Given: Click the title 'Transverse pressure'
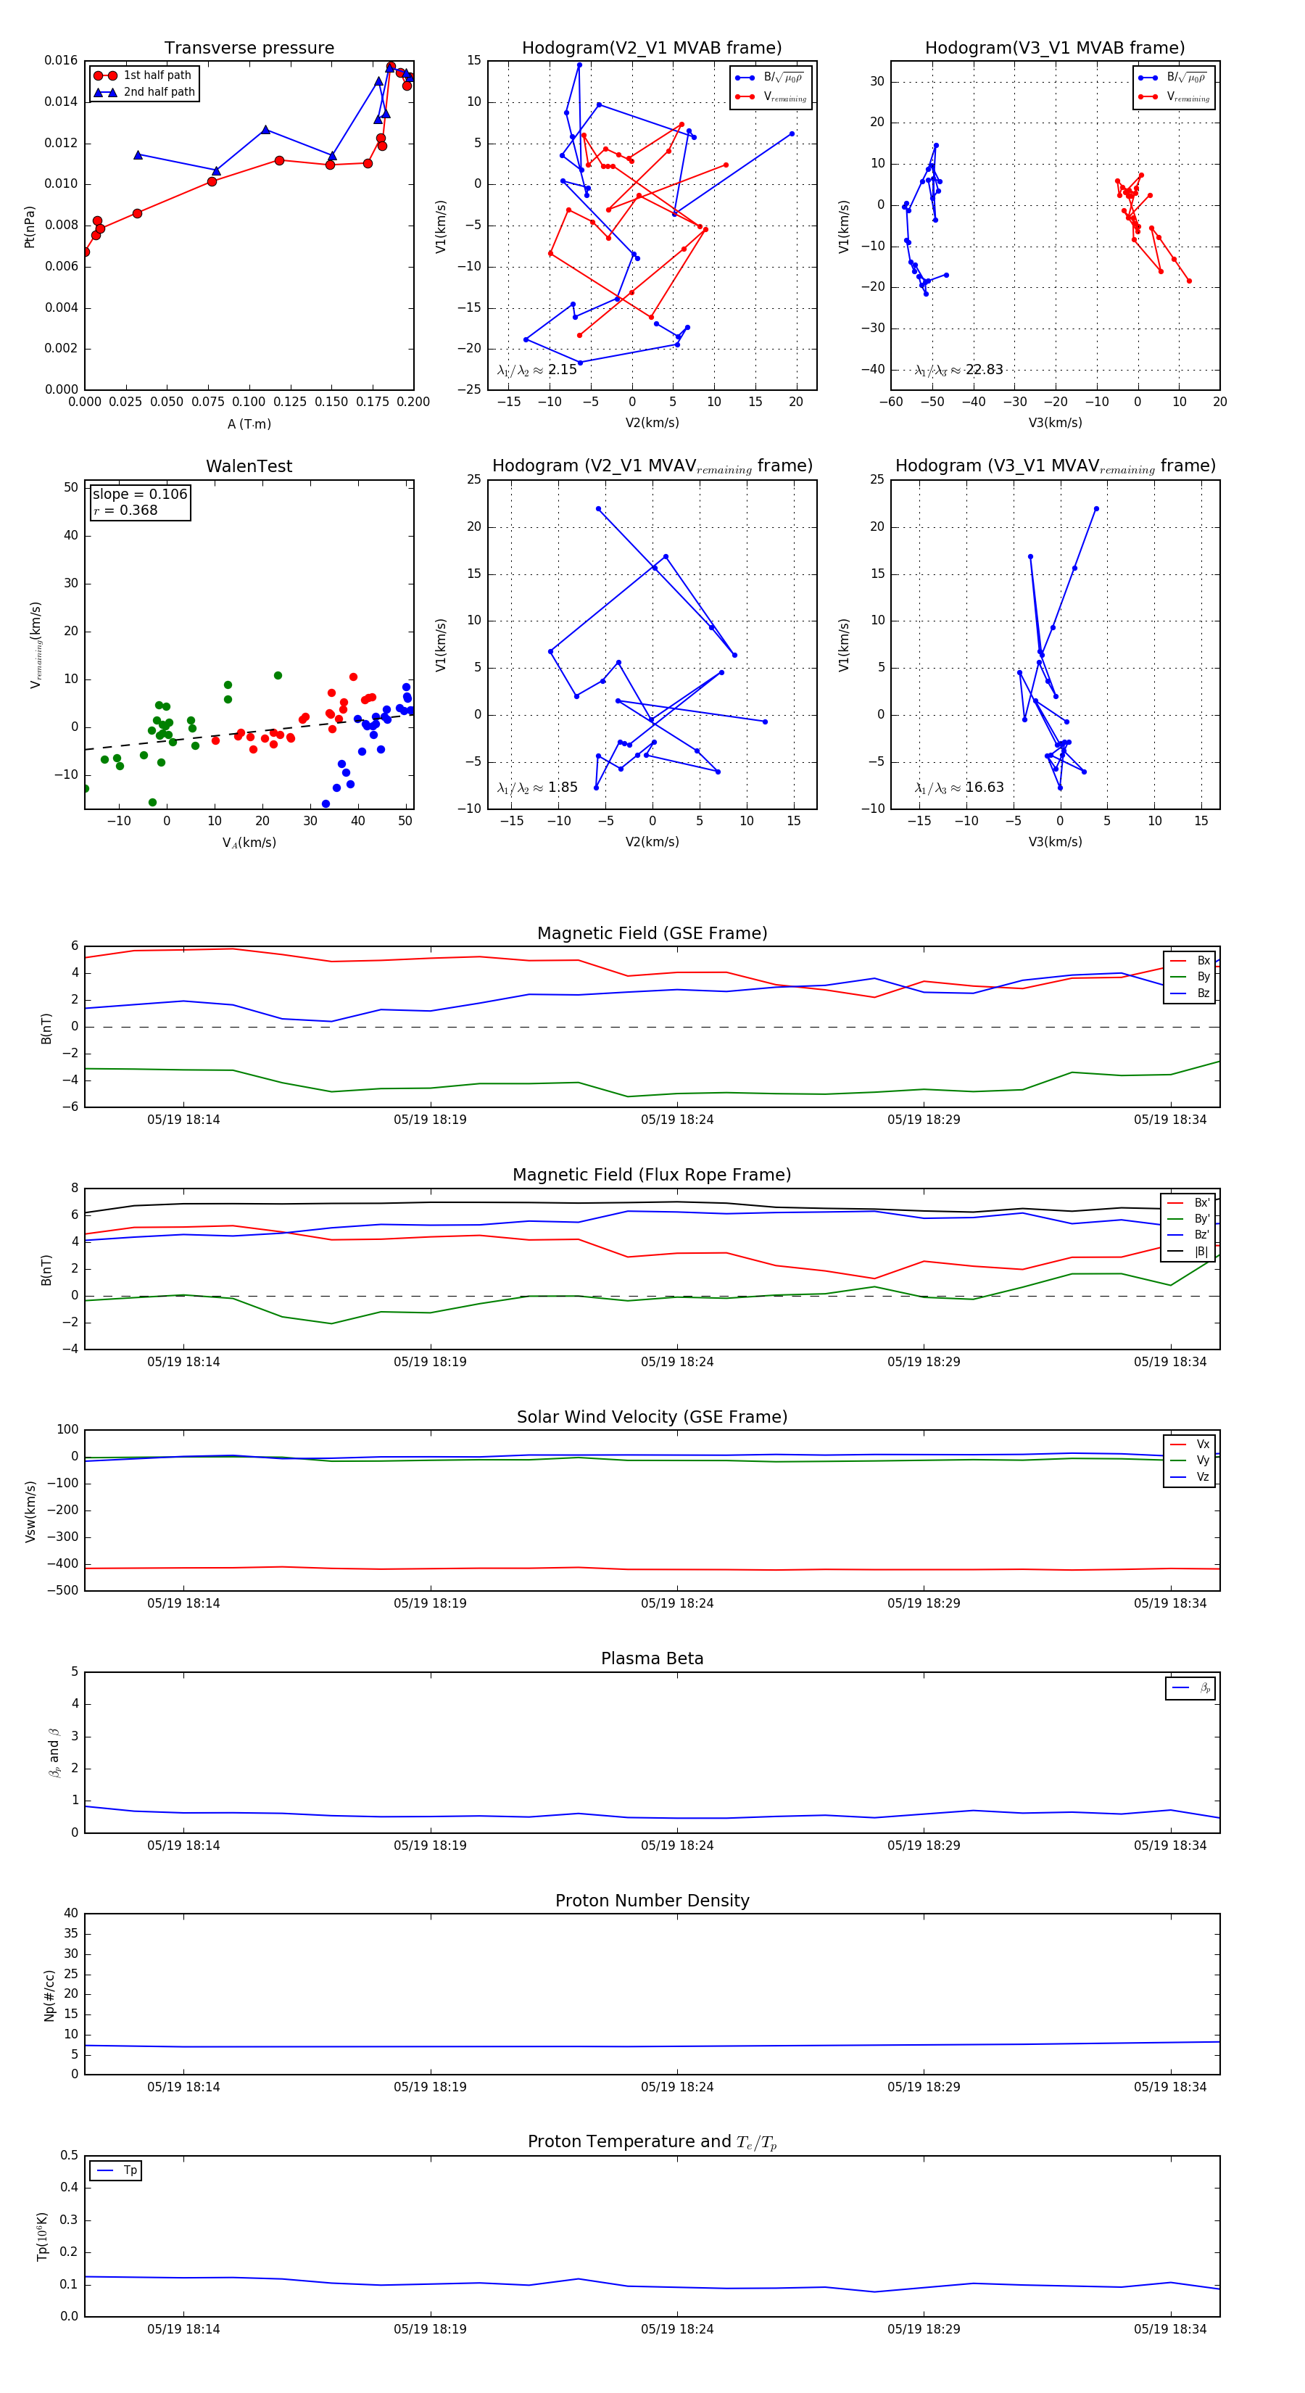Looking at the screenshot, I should click(249, 49).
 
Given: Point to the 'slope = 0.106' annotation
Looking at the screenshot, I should click(139, 495).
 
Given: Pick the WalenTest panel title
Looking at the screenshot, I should click(249, 466).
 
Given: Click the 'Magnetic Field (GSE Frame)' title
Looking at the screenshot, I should click(652, 933).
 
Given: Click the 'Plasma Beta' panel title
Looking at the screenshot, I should click(652, 1659).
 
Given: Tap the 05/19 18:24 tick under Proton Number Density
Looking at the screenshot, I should click(677, 2088).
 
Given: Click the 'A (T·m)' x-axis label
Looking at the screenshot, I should click(249, 424).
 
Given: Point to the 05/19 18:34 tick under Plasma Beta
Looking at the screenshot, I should click(1169, 1846).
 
